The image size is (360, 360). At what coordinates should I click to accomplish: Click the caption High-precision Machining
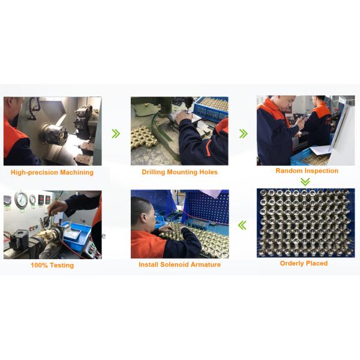52,173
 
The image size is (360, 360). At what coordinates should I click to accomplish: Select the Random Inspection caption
307,171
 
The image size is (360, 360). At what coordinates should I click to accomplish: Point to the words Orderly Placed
304,263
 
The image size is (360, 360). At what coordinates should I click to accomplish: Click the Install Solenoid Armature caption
179,265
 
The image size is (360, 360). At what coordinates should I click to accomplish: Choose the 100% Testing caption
52,265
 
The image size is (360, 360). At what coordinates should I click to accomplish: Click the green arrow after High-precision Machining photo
116,133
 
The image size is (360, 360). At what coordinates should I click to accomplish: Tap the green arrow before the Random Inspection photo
243,133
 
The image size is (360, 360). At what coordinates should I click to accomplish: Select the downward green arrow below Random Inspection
305,181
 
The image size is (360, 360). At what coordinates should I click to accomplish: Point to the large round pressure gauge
22,200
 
